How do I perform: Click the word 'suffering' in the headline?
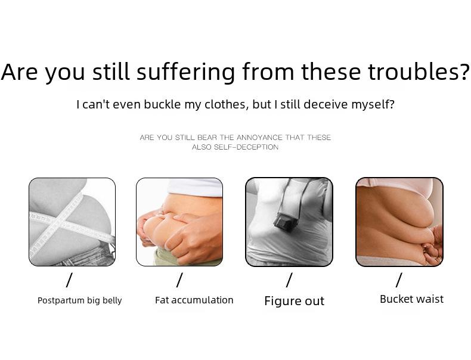pos(185,72)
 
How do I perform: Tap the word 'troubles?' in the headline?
pos(418,72)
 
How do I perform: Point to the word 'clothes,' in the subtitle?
pos(227,104)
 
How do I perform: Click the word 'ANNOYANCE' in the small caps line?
pos(259,138)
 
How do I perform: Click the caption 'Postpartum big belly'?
pos(80,300)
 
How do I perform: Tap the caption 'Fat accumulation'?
pos(194,300)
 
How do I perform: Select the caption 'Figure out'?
pos(295,301)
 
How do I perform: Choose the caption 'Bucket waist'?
pos(411,299)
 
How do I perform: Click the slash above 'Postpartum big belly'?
pos(69,280)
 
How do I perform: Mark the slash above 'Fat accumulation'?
pos(179,280)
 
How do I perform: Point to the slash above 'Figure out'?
pos(289,280)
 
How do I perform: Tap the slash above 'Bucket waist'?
pos(399,280)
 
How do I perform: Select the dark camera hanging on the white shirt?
pos(285,221)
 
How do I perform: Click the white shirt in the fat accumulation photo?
pos(194,187)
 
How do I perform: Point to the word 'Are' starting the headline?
pos(20,72)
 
